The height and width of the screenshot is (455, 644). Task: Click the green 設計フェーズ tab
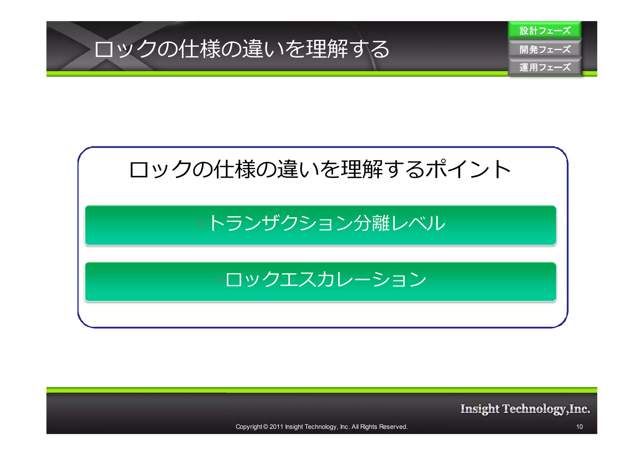[545, 30]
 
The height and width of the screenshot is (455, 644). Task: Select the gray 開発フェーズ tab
[545, 49]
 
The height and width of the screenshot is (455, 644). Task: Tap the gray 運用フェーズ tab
[545, 67]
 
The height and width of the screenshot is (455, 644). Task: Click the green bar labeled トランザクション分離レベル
[320, 225]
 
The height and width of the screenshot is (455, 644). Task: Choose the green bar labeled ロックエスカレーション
[320, 282]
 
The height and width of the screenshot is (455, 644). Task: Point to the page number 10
[579, 427]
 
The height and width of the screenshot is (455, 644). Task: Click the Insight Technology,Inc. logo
[525, 409]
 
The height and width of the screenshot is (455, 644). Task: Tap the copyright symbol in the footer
[265, 427]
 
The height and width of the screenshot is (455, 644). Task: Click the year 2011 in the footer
[276, 427]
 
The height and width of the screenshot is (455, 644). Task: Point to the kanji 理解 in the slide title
[327, 49]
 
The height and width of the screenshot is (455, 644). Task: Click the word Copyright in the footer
[249, 427]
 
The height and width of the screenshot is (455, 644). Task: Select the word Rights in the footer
[369, 427]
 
